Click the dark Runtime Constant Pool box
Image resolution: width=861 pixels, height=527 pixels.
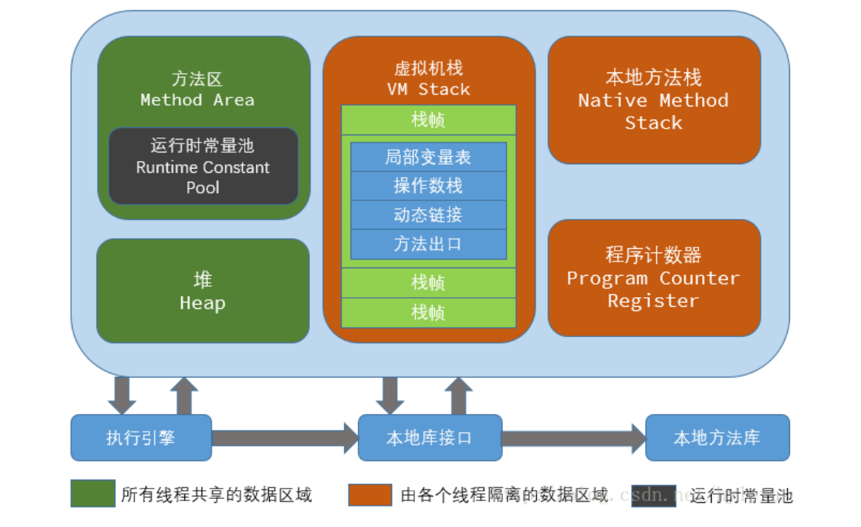pyautogui.click(x=203, y=166)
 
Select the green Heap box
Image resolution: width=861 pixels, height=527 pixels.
pyautogui.click(x=203, y=290)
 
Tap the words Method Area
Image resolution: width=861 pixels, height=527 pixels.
pyautogui.click(x=197, y=100)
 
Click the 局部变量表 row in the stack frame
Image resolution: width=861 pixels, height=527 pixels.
pyautogui.click(x=428, y=157)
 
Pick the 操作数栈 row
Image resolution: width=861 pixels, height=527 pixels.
pyautogui.click(x=428, y=186)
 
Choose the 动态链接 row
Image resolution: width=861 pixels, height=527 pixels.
pyautogui.click(x=428, y=215)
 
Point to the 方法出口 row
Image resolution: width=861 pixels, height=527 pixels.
pyautogui.click(x=428, y=245)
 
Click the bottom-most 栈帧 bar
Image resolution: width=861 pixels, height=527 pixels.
pyautogui.click(x=428, y=313)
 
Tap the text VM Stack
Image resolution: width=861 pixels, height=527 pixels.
pyautogui.click(x=428, y=89)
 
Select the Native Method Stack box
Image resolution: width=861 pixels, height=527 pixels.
pyautogui.click(x=654, y=100)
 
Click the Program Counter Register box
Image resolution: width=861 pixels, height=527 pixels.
pyautogui.click(x=654, y=278)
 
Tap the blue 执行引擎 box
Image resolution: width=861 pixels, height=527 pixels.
pyautogui.click(x=141, y=438)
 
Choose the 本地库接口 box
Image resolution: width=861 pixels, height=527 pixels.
pyautogui.click(x=430, y=438)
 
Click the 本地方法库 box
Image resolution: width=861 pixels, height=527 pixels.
pyautogui.click(x=717, y=438)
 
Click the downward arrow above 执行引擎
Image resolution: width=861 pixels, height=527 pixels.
pyautogui.click(x=122, y=395)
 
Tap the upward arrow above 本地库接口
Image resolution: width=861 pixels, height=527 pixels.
pyautogui.click(x=459, y=395)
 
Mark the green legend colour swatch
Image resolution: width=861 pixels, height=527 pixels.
pyautogui.click(x=92, y=493)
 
